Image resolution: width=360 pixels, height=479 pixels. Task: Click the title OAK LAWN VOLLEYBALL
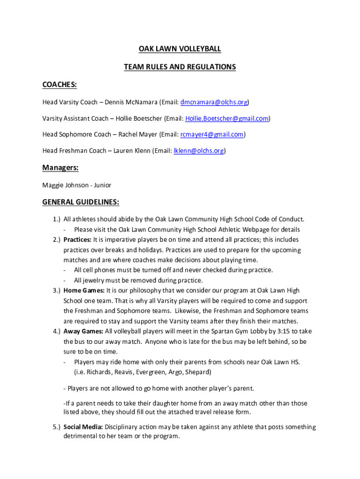tap(180, 49)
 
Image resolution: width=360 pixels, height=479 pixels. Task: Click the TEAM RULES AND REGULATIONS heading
tap(180, 67)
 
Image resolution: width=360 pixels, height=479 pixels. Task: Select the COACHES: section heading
tap(60, 85)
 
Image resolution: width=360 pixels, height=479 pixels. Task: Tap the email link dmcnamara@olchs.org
tap(214, 102)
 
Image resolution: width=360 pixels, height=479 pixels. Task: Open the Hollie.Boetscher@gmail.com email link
tap(227, 118)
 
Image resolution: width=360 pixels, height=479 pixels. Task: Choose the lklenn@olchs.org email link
tap(199, 151)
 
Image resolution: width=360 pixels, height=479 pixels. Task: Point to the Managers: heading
tap(60, 168)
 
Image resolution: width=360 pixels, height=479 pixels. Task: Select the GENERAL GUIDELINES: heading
tap(81, 202)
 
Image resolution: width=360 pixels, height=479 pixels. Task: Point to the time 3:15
tap(277, 331)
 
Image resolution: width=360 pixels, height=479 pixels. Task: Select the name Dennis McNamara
tap(130, 102)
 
